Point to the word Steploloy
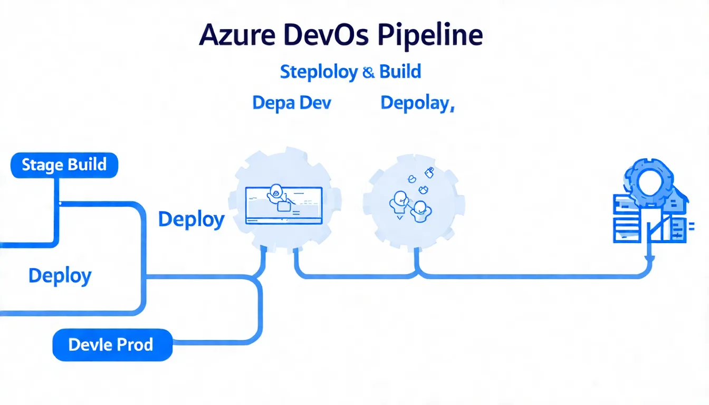(319, 71)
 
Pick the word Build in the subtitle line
(400, 71)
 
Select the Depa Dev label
(292, 102)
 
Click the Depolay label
(417, 103)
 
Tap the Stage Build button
(64, 165)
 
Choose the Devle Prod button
(112, 345)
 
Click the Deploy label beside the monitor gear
(191, 219)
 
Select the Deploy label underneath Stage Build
(60, 276)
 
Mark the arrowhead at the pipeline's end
(650, 259)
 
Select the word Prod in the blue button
(135, 345)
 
